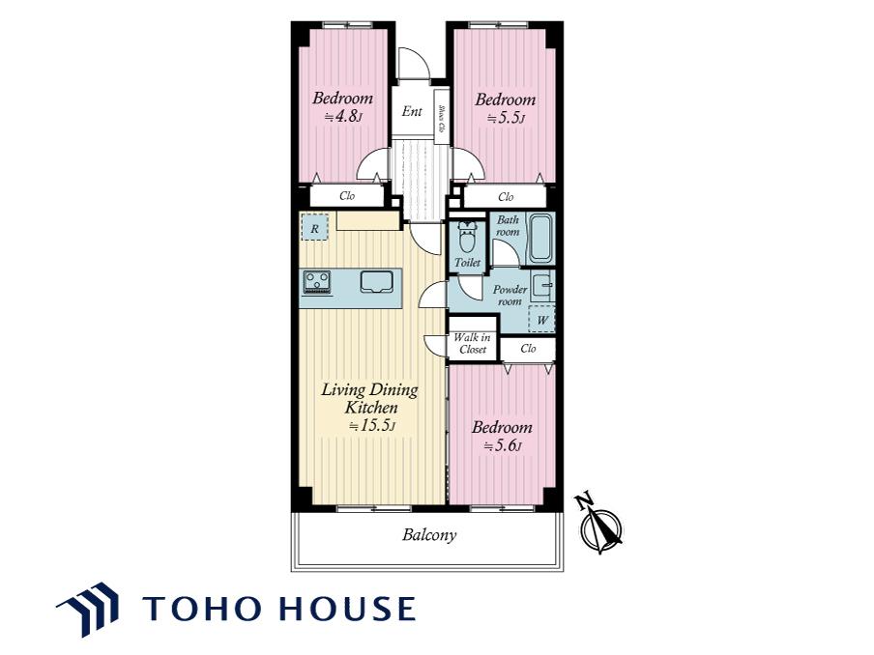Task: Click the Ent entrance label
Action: pos(412,111)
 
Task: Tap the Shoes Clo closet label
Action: pos(442,119)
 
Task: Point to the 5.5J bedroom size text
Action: pos(506,118)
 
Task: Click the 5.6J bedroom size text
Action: pos(503,446)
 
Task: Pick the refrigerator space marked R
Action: pos(315,227)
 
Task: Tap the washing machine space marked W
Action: pos(541,320)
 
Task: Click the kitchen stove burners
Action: pos(316,281)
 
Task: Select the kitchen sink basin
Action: pos(377,282)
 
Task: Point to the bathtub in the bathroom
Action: pos(539,238)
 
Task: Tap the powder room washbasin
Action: pos(542,287)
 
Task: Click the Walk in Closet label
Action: pos(472,344)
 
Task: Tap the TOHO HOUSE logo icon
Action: pos(88,609)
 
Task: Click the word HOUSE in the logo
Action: pos(347,609)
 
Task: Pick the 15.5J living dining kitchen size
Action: pos(372,426)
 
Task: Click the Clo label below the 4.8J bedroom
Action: pos(347,196)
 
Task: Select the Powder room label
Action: pos(510,296)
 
